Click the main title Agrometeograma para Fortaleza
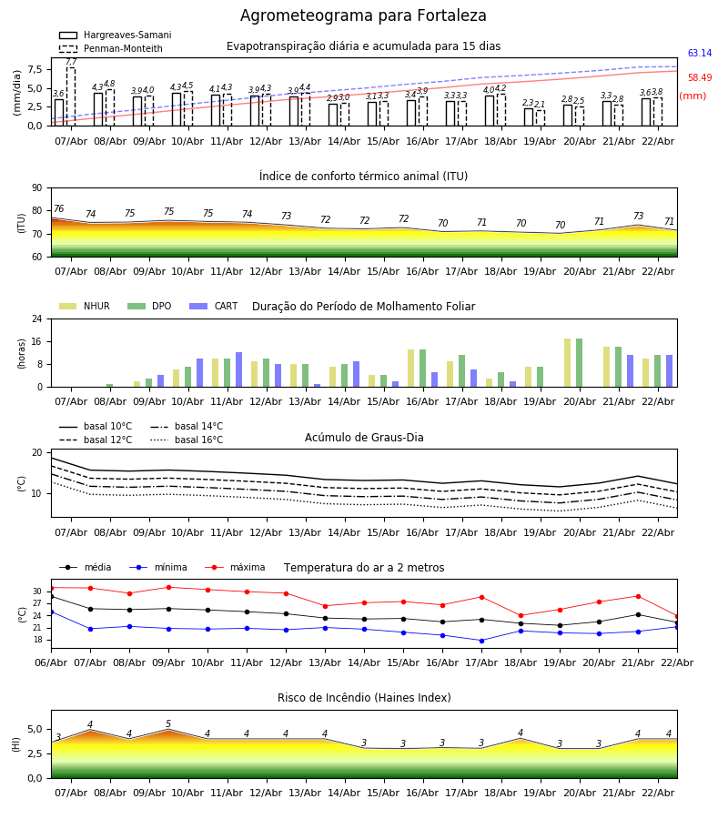pyautogui.click(x=363, y=16)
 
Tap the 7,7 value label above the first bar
pyautogui.click(x=71, y=62)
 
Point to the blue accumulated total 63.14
pyautogui.click(x=700, y=54)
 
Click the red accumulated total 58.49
pyautogui.click(x=700, y=78)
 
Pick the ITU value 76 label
pyautogui.click(x=58, y=209)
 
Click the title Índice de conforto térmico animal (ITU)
pyautogui.click(x=363, y=177)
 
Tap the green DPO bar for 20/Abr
pyautogui.click(x=579, y=362)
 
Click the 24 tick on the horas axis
pyautogui.click(x=39, y=319)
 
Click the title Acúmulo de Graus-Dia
pyautogui.click(x=364, y=438)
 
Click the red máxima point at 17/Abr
pyautogui.click(x=481, y=597)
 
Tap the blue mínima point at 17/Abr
pyautogui.click(x=481, y=641)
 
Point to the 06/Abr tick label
pyautogui.click(x=51, y=662)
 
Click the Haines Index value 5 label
pyautogui.click(x=168, y=724)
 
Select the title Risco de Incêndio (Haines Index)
pyautogui.click(x=364, y=698)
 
